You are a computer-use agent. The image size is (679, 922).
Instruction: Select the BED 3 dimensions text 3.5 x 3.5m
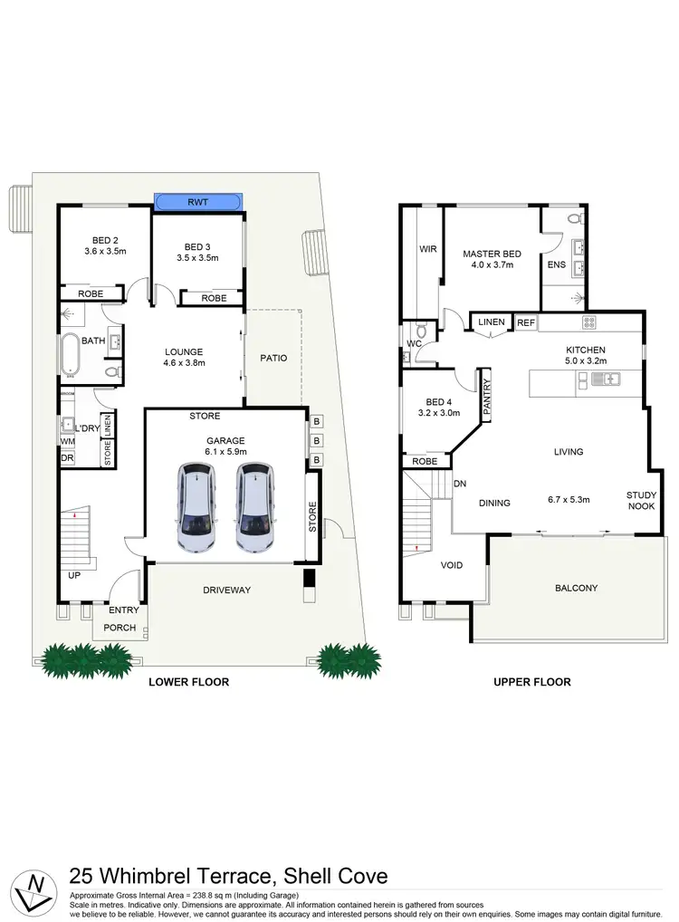[x=197, y=258]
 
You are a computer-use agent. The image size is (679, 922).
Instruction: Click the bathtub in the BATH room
[x=71, y=353]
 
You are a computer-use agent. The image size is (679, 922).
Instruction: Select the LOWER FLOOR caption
[x=188, y=682]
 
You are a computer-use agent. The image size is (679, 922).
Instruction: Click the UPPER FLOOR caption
[x=532, y=682]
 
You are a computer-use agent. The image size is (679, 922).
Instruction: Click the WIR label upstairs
[x=428, y=249]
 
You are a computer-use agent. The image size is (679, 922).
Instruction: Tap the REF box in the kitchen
[x=526, y=322]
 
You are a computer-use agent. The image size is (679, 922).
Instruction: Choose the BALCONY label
[x=576, y=589]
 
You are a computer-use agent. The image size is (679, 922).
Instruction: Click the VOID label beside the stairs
[x=451, y=565]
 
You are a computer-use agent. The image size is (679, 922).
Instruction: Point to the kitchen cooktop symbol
[x=589, y=322]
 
